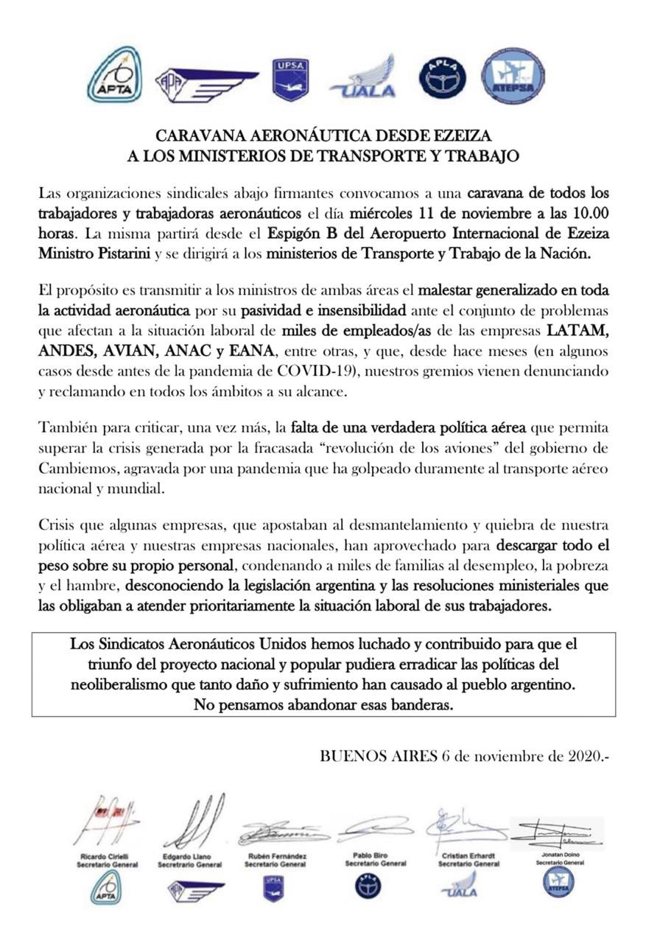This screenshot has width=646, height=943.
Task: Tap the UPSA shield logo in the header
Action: [x=290, y=79]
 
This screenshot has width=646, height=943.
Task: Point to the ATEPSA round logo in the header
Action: [x=513, y=77]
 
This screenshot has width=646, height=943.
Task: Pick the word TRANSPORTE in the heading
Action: [x=359, y=155]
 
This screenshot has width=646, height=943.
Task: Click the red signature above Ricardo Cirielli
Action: [x=106, y=820]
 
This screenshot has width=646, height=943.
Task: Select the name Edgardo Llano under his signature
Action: [x=189, y=857]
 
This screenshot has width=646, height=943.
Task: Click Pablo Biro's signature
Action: [x=376, y=829]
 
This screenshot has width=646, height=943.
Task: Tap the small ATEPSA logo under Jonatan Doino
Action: [x=558, y=881]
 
